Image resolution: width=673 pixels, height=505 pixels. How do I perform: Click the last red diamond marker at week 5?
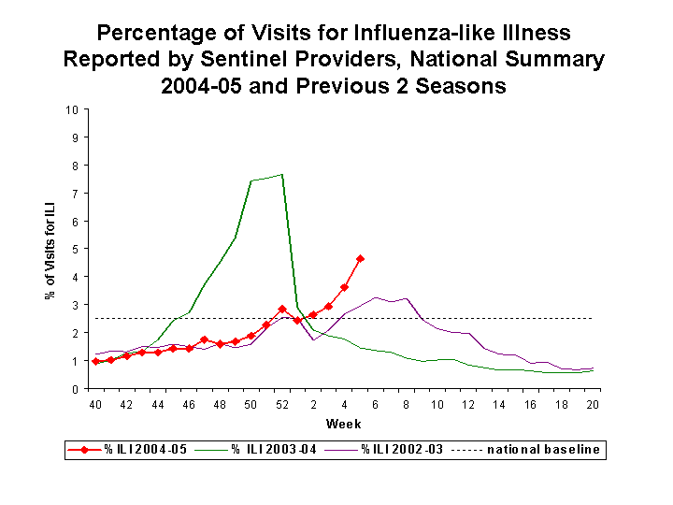(360, 259)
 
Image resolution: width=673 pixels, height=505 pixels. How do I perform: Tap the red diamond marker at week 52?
(282, 309)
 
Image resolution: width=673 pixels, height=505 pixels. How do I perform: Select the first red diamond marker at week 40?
(95, 361)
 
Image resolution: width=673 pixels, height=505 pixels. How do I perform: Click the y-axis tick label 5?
(75, 249)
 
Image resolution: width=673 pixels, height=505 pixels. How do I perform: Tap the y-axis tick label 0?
(75, 389)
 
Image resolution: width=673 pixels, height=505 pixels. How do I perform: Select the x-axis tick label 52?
(282, 404)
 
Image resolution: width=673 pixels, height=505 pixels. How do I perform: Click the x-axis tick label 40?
(95, 404)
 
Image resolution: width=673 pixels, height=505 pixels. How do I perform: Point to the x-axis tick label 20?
(593, 404)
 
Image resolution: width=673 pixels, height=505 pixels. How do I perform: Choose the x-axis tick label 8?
(407, 404)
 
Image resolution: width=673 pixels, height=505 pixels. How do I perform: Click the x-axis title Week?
(344, 424)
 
